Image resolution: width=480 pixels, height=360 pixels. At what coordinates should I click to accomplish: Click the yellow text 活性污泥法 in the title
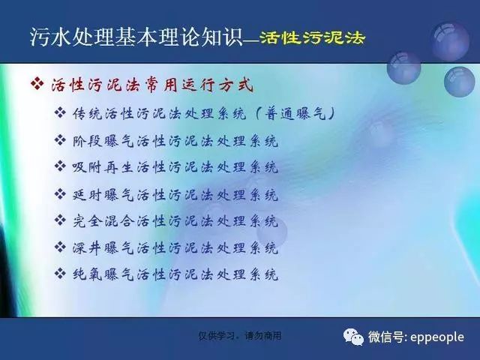point(312,38)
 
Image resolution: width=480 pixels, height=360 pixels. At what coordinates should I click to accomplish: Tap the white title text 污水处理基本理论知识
point(136,37)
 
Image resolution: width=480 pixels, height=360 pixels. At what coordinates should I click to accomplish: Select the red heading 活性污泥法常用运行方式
point(152,85)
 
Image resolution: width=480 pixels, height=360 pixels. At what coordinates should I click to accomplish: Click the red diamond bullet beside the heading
point(37,83)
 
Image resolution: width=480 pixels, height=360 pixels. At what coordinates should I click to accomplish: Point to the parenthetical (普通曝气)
point(295,114)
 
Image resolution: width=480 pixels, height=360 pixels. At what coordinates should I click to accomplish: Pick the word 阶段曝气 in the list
point(103,141)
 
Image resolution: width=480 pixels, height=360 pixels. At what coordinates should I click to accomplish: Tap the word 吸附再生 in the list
point(103,167)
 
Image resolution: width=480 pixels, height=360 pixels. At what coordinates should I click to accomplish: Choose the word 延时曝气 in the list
point(103,195)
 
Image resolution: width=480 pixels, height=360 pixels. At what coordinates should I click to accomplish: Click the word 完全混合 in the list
point(103,220)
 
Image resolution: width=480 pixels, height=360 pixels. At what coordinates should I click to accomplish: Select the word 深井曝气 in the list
point(103,247)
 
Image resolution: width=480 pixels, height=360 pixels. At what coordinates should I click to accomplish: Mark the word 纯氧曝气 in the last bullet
point(103,274)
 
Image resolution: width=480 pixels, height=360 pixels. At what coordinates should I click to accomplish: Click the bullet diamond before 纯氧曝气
point(60,273)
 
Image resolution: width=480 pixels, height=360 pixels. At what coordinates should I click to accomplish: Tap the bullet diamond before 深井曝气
point(60,247)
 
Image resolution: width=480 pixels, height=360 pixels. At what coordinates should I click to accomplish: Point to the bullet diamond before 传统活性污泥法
point(60,112)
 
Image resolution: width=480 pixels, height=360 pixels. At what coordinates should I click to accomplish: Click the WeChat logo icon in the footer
point(353,337)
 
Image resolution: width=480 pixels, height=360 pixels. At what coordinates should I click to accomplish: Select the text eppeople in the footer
point(436,337)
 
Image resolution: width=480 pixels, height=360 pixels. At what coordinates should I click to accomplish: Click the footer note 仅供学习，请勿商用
point(240,336)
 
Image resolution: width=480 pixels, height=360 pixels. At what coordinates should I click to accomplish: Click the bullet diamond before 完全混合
point(60,220)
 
